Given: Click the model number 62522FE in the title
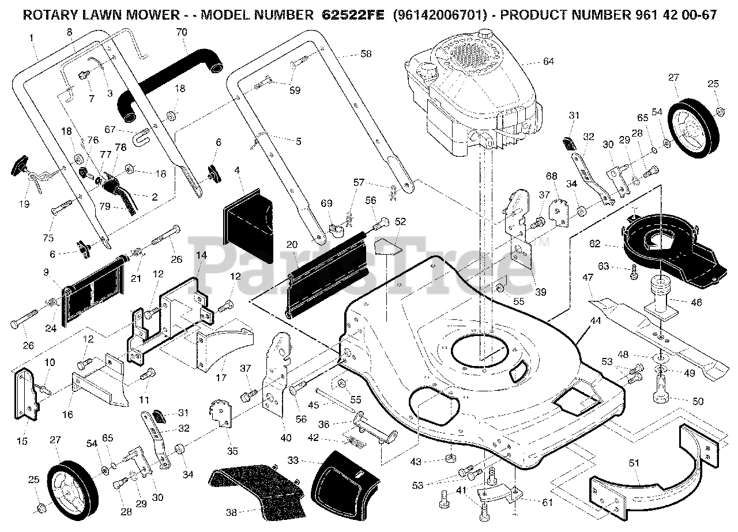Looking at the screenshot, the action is [x=352, y=15].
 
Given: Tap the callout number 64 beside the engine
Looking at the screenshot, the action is [x=548, y=61].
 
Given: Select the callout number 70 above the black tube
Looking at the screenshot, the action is [x=182, y=32].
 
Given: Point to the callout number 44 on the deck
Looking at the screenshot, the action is [x=596, y=320].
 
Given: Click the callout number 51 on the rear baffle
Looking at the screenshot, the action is [x=634, y=463].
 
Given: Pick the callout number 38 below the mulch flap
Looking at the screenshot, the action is [x=231, y=513].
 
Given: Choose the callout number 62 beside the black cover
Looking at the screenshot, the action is [x=594, y=244].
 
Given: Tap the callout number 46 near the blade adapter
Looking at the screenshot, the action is [x=696, y=303].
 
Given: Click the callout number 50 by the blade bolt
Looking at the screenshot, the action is [x=698, y=401].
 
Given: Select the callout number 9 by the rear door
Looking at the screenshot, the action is [x=46, y=272].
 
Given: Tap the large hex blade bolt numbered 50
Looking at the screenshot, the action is [x=661, y=391].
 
